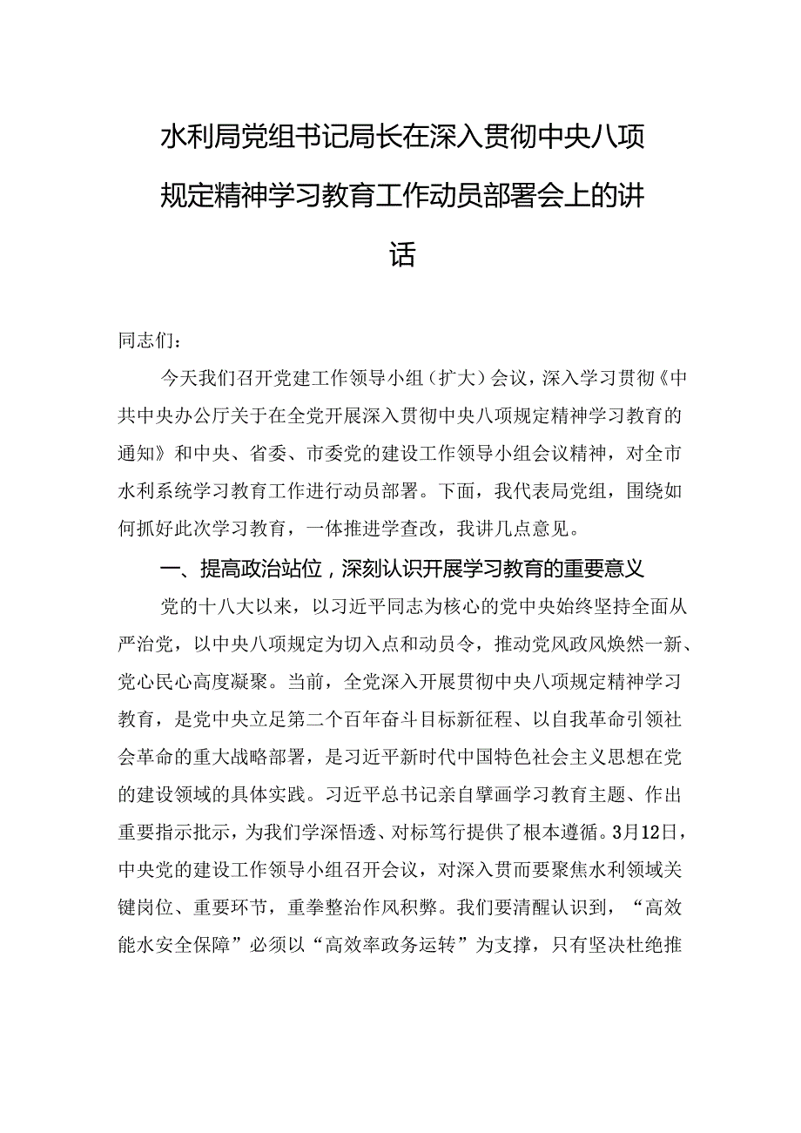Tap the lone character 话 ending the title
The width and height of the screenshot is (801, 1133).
(x=401, y=230)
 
